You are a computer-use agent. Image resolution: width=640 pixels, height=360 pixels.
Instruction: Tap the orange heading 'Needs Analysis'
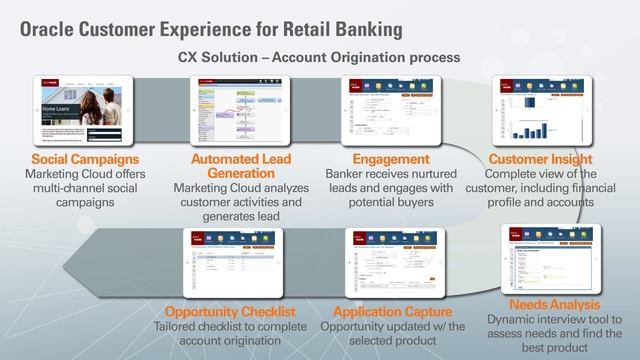tap(555, 303)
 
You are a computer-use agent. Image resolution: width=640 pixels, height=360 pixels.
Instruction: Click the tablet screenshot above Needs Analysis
tap(556, 255)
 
